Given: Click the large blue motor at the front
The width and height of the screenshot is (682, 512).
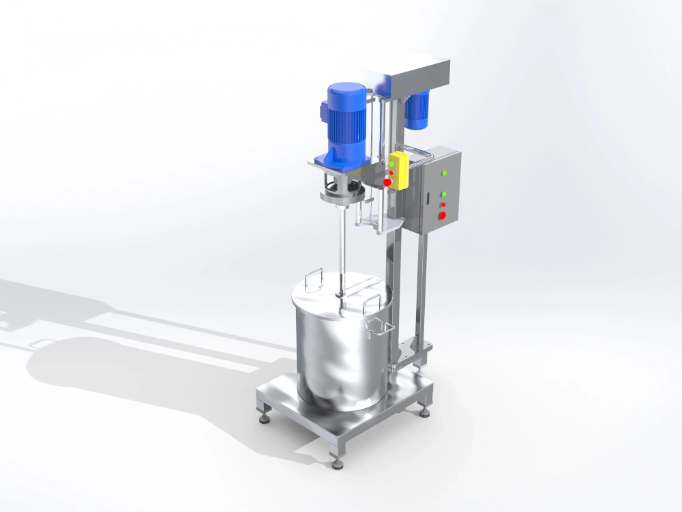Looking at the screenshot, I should coord(347,123).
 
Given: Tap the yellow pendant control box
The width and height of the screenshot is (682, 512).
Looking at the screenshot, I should coord(398,171).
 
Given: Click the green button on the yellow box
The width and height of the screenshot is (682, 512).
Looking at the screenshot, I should coord(392,165).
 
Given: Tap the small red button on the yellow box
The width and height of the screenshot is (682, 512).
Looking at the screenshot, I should coord(391,173).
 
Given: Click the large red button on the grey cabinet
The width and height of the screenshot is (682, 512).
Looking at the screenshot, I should coord(443,216).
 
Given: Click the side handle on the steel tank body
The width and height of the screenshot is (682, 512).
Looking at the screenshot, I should coord(379,330).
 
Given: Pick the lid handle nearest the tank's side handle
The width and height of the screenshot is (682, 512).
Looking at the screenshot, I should coord(371,304).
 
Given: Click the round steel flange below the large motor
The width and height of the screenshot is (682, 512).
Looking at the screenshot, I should coord(341,198).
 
